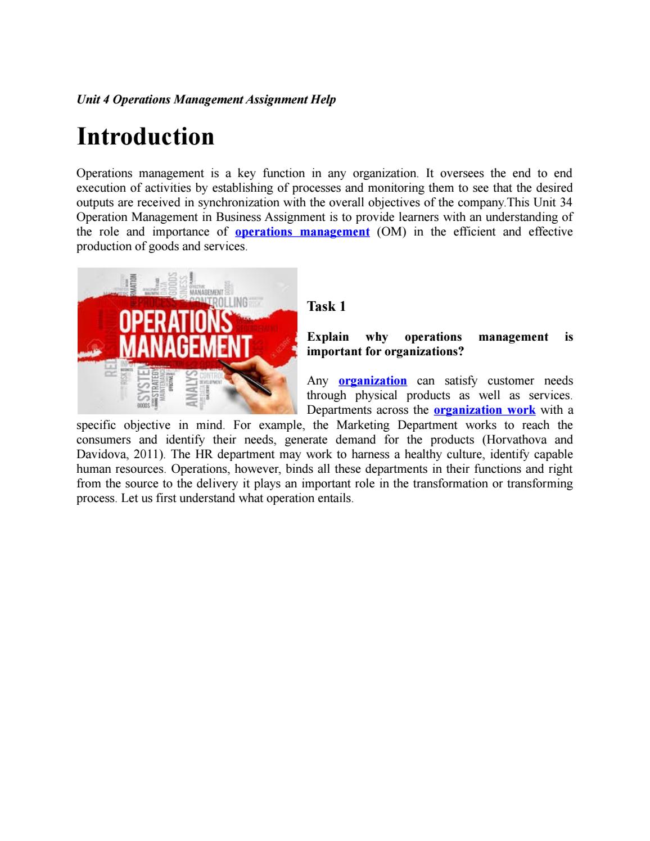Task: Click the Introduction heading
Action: click(x=145, y=137)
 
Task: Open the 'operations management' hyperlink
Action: click(x=302, y=232)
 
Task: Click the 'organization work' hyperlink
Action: click(x=484, y=410)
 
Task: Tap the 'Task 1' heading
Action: click(x=326, y=306)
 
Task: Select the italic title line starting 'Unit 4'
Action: click(x=206, y=100)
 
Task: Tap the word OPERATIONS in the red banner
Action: click(x=177, y=323)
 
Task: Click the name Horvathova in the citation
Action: click(x=517, y=440)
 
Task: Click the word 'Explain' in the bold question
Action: click(x=328, y=337)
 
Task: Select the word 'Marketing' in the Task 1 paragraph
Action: click(x=363, y=425)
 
